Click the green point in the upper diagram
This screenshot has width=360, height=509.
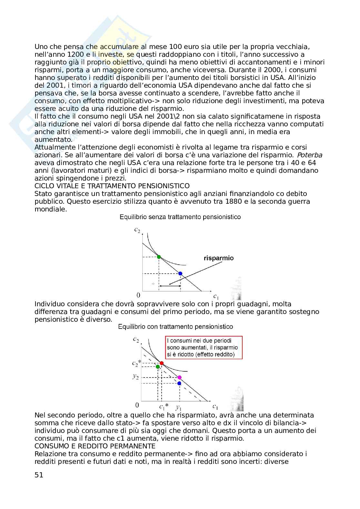[159, 257]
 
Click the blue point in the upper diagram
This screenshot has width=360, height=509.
[180, 273]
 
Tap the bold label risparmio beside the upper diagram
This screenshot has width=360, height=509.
[218, 258]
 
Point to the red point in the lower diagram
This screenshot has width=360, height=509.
[162, 363]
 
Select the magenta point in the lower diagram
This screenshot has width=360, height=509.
[180, 377]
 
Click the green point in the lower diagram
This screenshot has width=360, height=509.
[158, 367]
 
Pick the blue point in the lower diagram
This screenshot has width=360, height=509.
[179, 383]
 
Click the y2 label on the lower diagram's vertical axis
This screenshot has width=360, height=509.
[136, 376]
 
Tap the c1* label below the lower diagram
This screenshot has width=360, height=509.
[164, 406]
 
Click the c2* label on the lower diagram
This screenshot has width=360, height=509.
[136, 363]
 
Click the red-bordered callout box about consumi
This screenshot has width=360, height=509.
[204, 347]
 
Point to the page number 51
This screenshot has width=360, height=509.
[39, 475]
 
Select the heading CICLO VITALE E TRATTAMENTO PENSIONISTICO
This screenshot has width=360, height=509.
[112, 186]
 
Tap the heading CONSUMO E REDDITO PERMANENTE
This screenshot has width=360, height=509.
[95, 446]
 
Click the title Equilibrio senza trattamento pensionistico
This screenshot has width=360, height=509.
[180, 217]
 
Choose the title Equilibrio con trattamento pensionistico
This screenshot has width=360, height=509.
[175, 327]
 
